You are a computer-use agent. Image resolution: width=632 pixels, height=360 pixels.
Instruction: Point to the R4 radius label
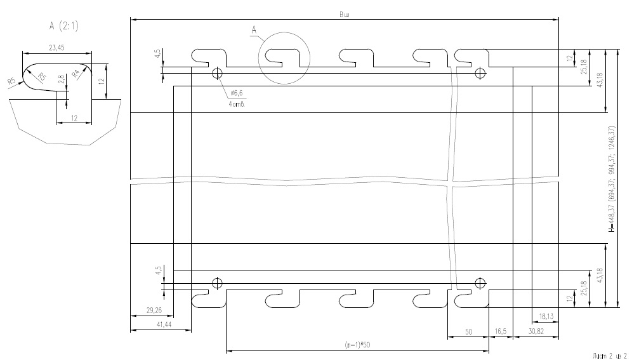76,74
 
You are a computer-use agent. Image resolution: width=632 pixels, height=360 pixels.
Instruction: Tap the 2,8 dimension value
61,81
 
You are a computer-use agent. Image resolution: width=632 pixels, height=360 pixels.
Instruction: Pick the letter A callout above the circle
254,29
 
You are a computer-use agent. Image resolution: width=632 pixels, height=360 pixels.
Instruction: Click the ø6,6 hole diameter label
238,93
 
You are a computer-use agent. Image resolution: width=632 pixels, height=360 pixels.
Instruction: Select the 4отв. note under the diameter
237,103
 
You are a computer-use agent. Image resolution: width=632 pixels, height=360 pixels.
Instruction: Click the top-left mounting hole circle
217,73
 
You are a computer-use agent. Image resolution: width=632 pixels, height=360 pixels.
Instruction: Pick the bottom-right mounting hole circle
480,283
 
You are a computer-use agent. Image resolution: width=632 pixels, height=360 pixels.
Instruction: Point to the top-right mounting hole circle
480,73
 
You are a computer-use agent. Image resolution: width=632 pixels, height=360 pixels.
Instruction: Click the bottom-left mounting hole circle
217,283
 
